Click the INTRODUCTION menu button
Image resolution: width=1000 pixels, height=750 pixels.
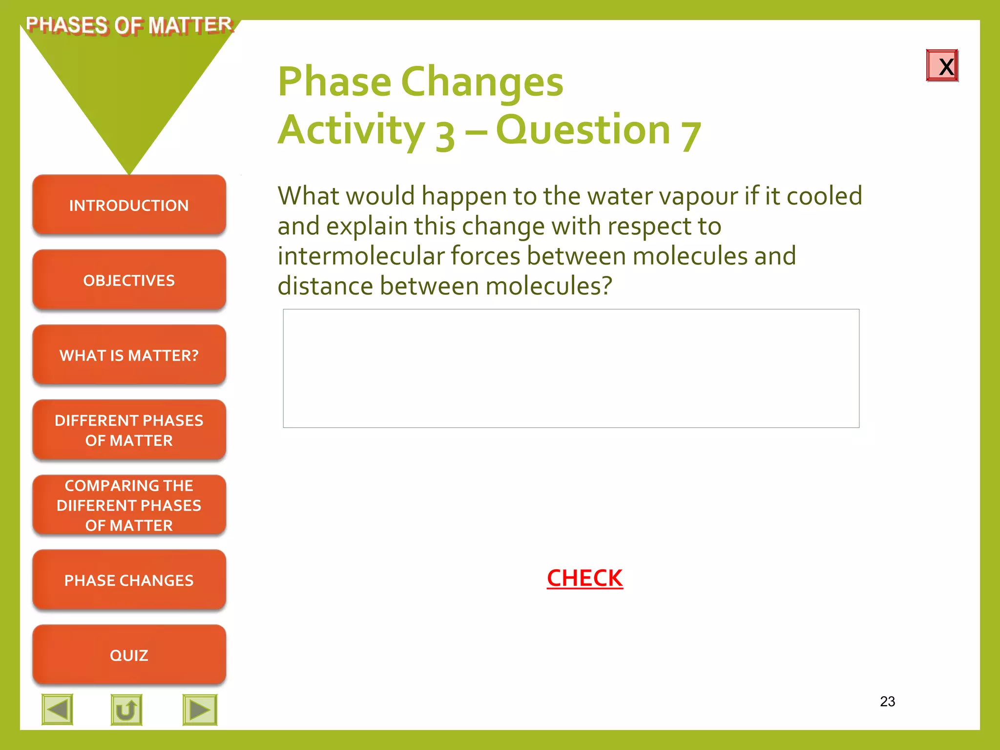[129, 205]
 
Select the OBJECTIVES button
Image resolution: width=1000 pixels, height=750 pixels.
[129, 280]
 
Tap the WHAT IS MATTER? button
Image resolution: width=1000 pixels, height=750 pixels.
[129, 355]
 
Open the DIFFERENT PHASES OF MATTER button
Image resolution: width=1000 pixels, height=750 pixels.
[129, 430]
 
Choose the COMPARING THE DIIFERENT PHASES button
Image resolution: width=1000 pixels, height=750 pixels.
[129, 505]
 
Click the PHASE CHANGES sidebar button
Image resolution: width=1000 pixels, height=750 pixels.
[129, 580]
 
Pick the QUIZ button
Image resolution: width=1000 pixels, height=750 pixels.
[129, 655]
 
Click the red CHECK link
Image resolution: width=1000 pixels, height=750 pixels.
[584, 578]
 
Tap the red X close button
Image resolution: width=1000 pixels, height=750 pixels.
[942, 65]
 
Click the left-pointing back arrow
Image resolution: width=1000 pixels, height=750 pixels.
[58, 709]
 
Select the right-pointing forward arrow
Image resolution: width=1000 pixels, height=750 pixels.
[200, 709]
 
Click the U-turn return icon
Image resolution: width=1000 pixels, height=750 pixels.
[126, 709]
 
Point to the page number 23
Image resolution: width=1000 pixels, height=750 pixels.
[887, 702]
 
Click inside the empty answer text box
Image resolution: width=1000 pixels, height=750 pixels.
[571, 368]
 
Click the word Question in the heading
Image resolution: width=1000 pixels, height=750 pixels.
[583, 130]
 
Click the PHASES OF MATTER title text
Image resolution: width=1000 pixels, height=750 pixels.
[129, 25]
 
